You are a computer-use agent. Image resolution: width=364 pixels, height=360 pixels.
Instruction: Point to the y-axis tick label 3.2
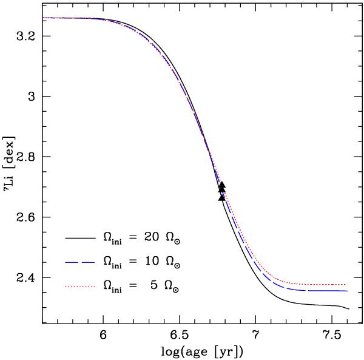(23, 36)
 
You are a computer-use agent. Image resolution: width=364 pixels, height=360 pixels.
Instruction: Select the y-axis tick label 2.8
(23, 157)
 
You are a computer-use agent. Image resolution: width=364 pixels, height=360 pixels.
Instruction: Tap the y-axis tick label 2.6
(23, 217)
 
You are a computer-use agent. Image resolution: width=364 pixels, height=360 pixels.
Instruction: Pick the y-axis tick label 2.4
(23, 278)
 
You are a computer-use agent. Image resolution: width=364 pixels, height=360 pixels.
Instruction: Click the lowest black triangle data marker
(222, 197)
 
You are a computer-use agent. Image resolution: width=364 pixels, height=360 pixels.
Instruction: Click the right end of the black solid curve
(349, 309)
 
